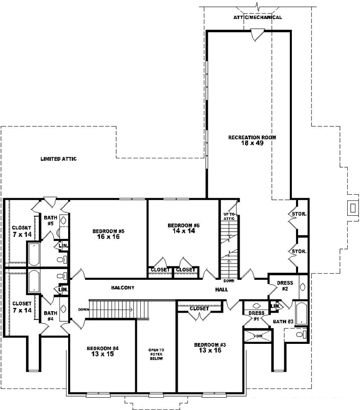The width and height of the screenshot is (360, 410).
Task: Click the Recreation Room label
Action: pos(252,137)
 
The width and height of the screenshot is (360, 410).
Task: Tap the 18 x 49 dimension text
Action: pos(252,144)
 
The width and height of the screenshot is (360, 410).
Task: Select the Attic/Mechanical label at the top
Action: pos(258,17)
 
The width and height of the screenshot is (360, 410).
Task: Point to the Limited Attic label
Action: pos(58,159)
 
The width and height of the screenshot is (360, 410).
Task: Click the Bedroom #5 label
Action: pos(109,231)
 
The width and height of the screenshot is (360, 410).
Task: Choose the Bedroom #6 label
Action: pos(183,225)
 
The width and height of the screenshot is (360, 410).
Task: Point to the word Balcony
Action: pos(122,288)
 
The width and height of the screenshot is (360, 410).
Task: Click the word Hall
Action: pos(221,290)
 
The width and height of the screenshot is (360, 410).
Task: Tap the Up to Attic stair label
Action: pos(228,216)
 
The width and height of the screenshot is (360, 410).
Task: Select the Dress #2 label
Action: pos(285,285)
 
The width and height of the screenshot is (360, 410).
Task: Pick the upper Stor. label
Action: pos(299,214)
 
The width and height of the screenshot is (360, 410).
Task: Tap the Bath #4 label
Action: pos(50,316)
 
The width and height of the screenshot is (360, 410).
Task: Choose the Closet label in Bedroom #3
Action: pos(199,309)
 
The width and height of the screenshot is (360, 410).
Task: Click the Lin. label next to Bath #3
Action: pos(274,306)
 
